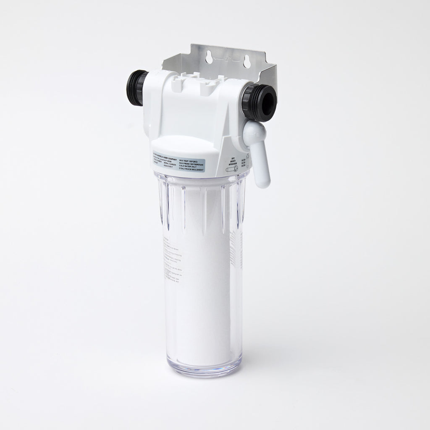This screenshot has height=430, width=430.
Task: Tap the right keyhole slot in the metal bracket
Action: click(246, 60)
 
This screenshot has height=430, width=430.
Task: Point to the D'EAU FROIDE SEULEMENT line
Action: click(191, 170)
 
